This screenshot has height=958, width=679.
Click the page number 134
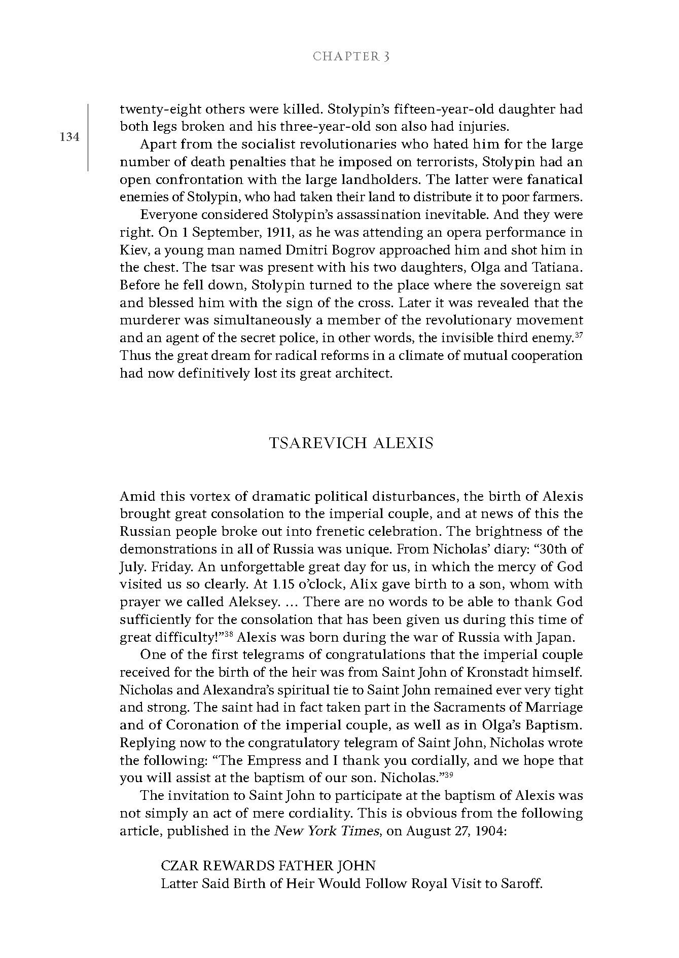point(69,136)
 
